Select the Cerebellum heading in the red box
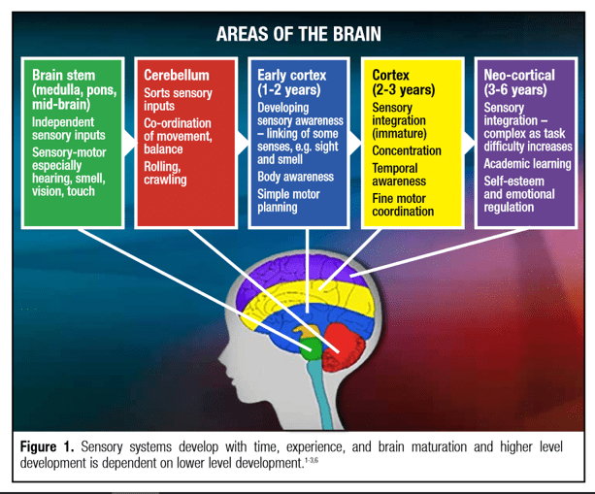click(x=176, y=75)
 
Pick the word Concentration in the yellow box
click(x=406, y=151)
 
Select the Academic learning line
click(x=525, y=164)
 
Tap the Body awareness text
click(x=296, y=178)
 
